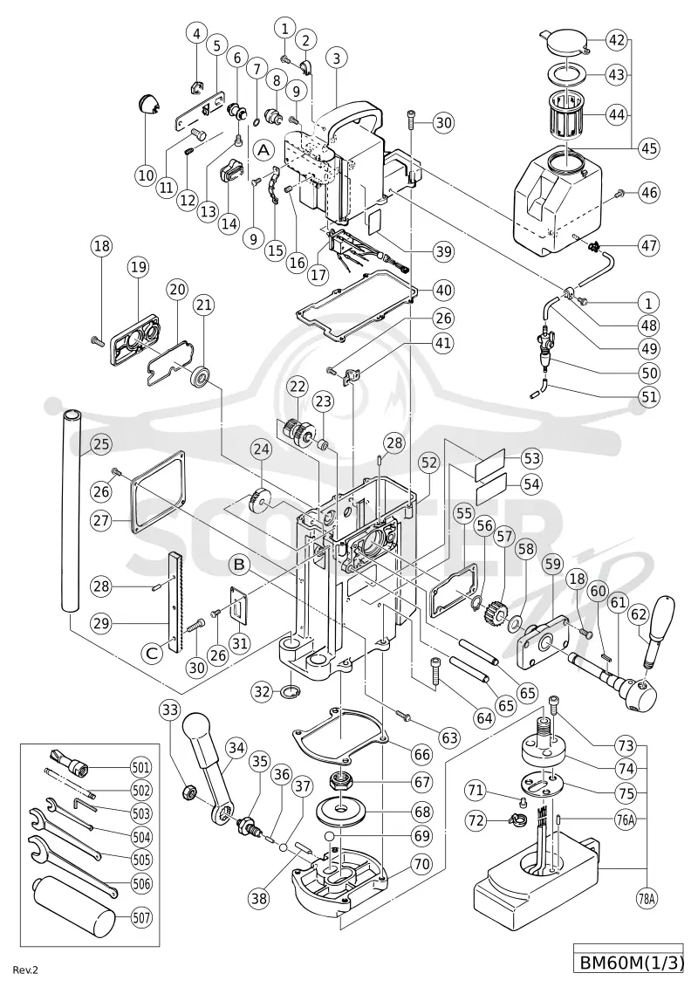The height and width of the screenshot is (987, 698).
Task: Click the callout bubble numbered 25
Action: [x=102, y=444]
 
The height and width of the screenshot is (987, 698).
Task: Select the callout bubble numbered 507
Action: [x=141, y=917]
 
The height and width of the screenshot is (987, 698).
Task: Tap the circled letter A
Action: [x=264, y=149]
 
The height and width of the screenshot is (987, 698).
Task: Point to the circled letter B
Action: [x=239, y=565]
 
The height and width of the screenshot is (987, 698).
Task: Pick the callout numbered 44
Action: [x=617, y=114]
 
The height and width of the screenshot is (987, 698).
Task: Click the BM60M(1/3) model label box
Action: [x=629, y=963]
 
